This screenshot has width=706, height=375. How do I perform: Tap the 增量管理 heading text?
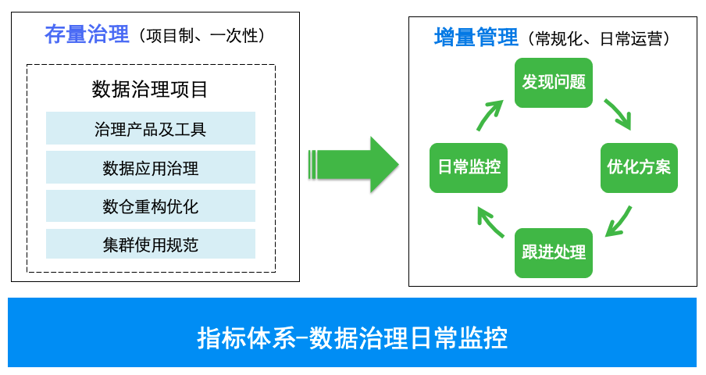coord(476,37)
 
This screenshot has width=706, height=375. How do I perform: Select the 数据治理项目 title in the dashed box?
coord(150,89)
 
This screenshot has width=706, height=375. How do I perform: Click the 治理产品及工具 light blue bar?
coord(150,128)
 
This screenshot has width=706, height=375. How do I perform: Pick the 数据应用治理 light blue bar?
coord(150,167)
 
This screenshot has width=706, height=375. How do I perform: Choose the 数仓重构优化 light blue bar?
coord(150,205)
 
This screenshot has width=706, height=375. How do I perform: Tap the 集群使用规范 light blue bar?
coord(150,244)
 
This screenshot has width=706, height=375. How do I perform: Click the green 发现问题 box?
coord(553,81)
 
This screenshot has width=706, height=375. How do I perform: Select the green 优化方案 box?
coord(639,166)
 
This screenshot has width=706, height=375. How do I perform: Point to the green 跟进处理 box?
coord(553,252)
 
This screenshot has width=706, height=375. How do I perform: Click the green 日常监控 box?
coord(468,166)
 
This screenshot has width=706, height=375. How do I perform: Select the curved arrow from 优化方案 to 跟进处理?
coord(619,220)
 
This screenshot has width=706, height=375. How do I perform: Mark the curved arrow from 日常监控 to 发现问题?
coord(490,115)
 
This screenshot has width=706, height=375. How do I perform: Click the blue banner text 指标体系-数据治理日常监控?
coord(352,337)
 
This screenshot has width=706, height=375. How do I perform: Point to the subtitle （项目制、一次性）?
coord(200,36)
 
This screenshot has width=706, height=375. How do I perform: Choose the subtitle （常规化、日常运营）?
coord(599,37)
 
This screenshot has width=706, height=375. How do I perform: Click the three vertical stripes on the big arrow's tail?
coord(315,164)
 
